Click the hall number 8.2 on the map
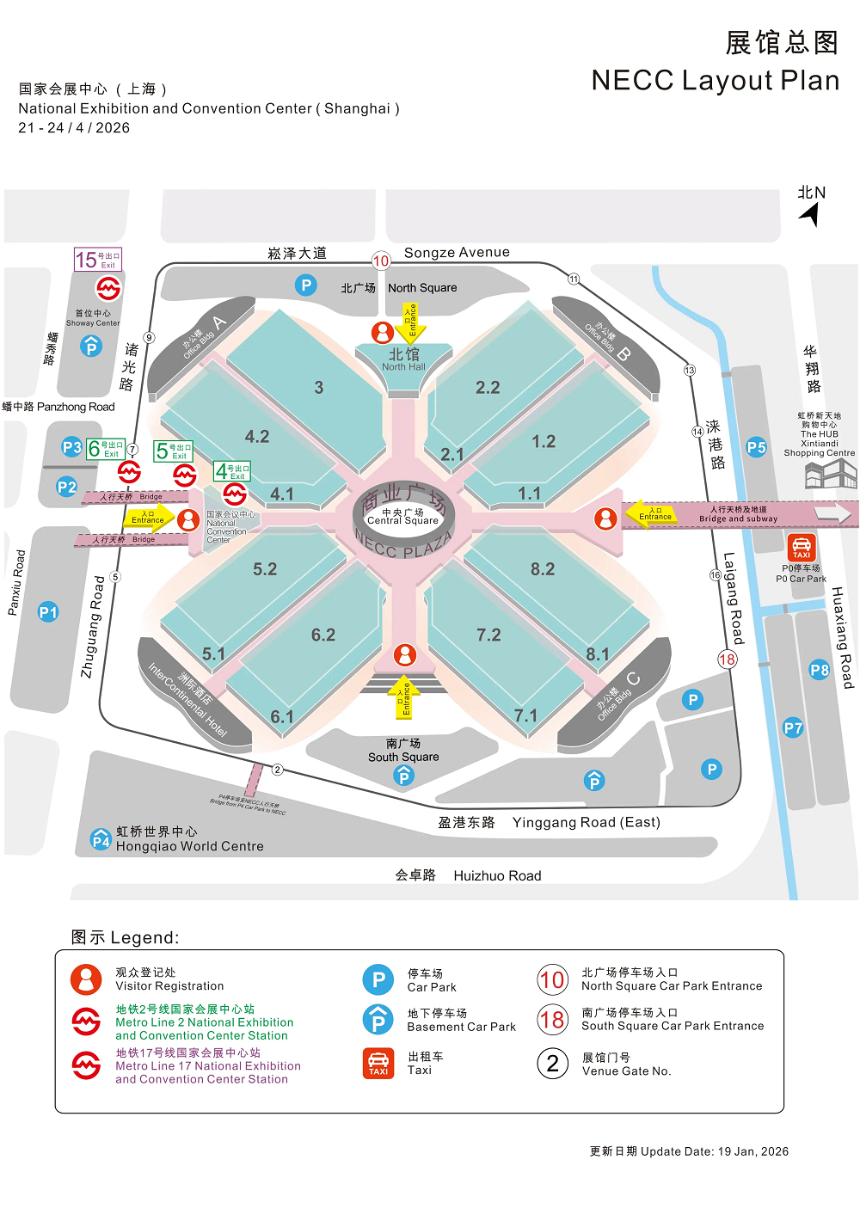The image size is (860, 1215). (543, 569)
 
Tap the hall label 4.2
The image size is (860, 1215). (257, 437)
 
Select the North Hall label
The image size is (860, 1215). (403, 359)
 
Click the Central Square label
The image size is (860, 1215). (402, 517)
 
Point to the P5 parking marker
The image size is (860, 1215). (756, 447)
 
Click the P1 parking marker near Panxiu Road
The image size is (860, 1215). (48, 612)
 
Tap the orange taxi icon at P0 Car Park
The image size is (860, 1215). (802, 547)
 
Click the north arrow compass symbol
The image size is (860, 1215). (810, 213)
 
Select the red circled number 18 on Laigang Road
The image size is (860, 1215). (728, 660)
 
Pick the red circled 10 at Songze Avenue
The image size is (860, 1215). (381, 261)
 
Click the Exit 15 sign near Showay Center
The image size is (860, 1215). (98, 260)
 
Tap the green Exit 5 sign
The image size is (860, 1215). (173, 451)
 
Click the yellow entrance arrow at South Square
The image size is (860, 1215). (403, 696)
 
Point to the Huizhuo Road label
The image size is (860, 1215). (497, 875)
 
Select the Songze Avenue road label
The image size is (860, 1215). (457, 253)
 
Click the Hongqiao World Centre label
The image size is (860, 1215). (189, 846)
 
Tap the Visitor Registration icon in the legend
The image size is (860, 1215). (86, 979)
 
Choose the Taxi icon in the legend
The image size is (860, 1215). (378, 1064)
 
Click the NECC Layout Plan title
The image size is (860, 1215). (715, 80)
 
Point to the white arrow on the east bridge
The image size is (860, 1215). (832, 513)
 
